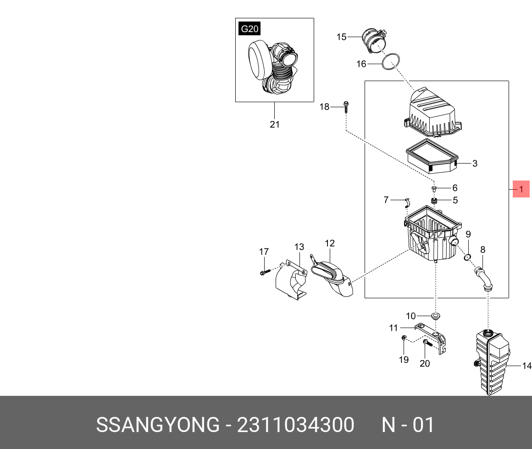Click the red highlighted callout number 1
521,189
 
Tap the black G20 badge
249,29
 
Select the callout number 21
275,124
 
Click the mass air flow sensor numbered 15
374,42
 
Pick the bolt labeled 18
345,107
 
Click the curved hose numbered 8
482,278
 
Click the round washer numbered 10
435,315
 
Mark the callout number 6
455,188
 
